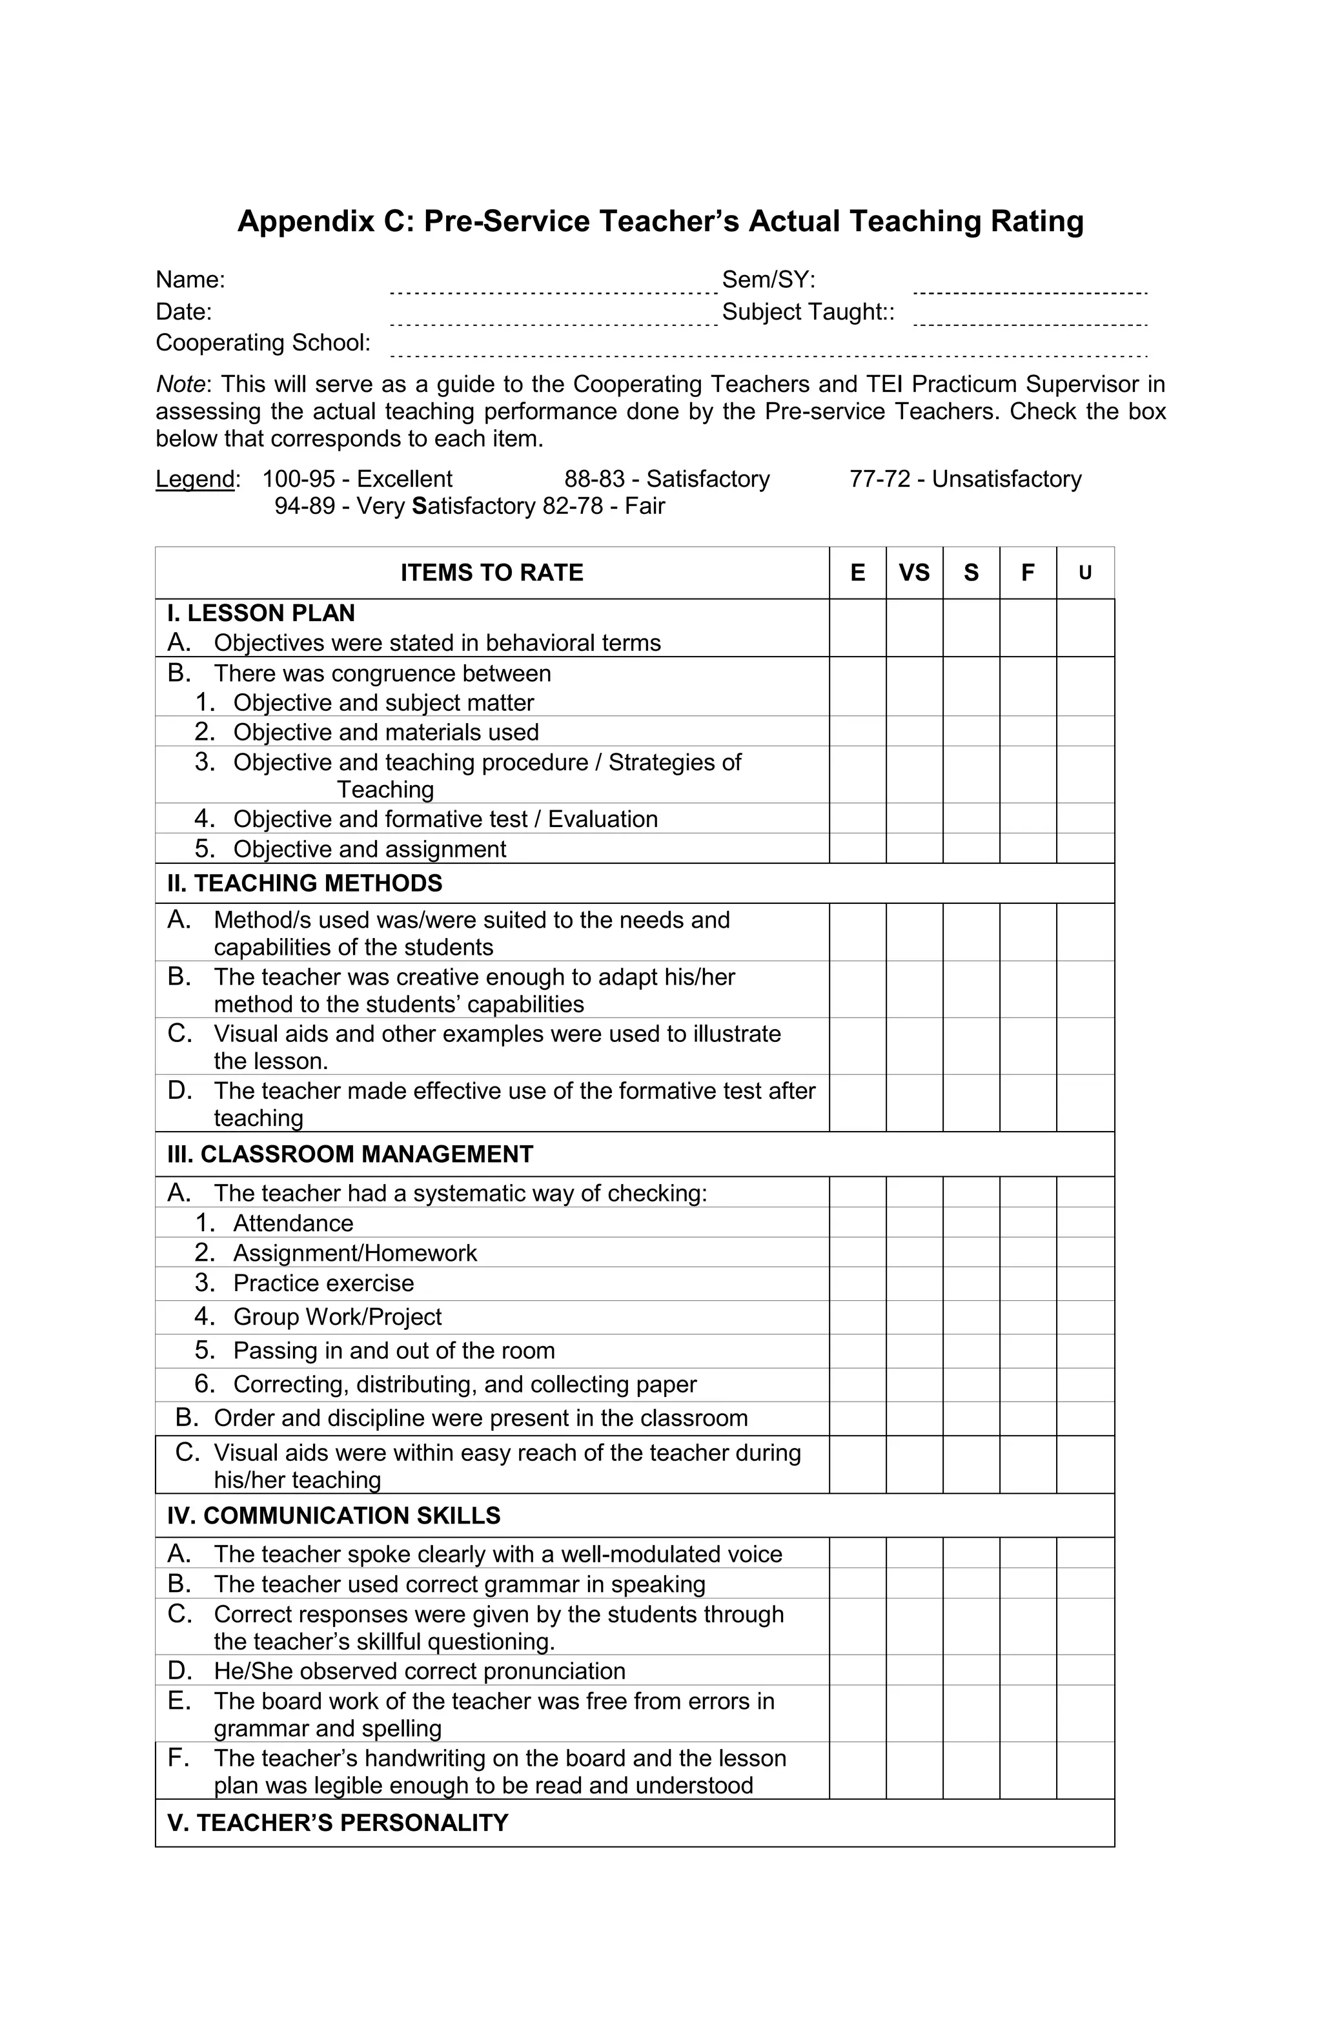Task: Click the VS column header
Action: tap(913, 573)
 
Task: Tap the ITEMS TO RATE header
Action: tap(491, 573)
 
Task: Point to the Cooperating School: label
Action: tap(263, 342)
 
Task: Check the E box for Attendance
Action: tap(857, 1221)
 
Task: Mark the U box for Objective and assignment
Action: tap(1085, 848)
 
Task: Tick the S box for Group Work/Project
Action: tap(970, 1316)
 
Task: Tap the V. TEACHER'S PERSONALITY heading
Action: tap(338, 1823)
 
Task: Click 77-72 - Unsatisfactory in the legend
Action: tap(964, 479)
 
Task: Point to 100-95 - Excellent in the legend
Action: tap(357, 479)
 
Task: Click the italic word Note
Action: tap(179, 384)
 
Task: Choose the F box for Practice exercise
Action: tap(1027, 1283)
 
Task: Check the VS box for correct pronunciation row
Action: tap(913, 1670)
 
